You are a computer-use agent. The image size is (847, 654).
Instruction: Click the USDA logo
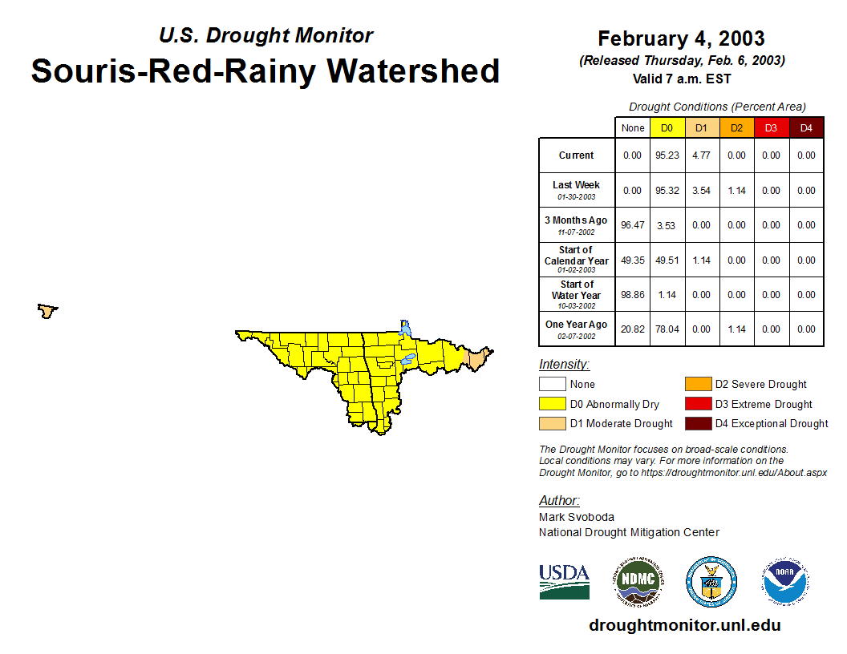pos(564,582)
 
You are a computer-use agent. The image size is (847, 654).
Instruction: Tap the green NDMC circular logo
pos(638,581)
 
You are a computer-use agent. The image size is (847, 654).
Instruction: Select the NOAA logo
pos(785,581)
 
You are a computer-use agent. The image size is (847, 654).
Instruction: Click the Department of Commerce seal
pos(711,582)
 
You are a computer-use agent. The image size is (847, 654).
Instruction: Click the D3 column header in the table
pos(771,128)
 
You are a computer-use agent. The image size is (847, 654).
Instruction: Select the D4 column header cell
pos(806,128)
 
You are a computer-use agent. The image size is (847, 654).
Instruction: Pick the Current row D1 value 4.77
pos(701,155)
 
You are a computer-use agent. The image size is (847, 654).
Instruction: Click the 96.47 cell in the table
pos(633,225)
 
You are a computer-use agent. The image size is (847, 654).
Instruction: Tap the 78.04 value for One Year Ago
pos(667,329)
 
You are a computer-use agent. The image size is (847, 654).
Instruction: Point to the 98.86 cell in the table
pos(633,295)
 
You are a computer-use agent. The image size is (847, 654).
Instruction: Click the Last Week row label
pos(577,190)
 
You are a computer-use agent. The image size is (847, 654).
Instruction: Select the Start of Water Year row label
pos(577,295)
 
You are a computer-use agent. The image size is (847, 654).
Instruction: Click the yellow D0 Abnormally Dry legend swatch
pos(552,404)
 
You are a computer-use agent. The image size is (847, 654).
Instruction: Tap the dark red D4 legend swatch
pos(698,424)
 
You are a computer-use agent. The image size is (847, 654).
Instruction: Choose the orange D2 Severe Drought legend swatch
pos(698,384)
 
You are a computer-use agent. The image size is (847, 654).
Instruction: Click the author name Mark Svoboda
pos(577,517)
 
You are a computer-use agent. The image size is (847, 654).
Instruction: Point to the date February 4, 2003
pos(681,38)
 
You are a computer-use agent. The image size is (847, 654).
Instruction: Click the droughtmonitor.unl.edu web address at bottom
pos(685,625)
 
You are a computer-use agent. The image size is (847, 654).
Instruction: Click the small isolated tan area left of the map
pos(47,311)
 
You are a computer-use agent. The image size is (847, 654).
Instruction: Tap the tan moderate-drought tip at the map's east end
pos(477,359)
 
